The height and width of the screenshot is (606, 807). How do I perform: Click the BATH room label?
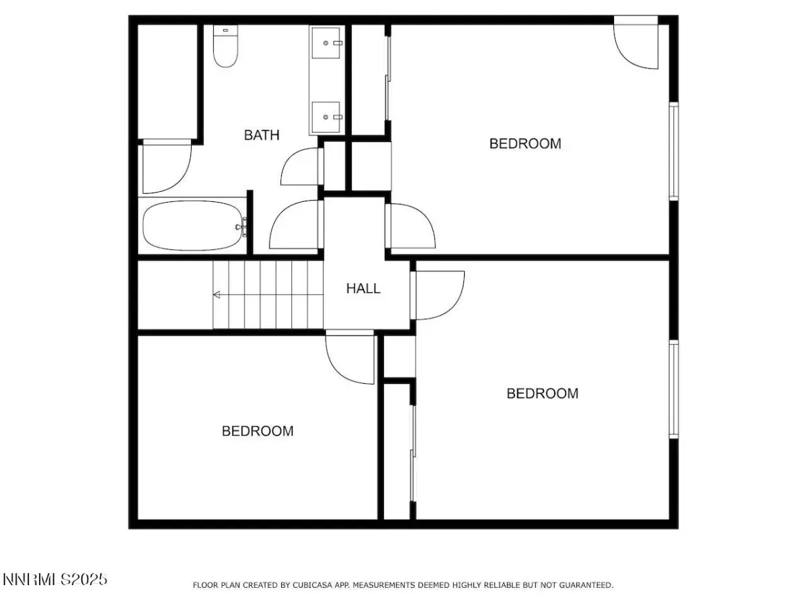click(262, 135)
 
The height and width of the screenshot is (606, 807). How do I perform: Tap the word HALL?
click(363, 288)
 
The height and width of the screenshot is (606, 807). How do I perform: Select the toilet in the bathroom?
click(226, 46)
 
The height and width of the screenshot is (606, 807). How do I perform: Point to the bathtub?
click(194, 226)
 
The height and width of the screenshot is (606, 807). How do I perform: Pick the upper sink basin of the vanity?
click(325, 42)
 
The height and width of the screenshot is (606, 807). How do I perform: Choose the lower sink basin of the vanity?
click(325, 117)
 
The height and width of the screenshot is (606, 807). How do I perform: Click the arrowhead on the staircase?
click(217, 294)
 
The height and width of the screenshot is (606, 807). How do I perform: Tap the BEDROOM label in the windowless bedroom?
click(258, 431)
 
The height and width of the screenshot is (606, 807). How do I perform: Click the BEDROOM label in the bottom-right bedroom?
click(542, 393)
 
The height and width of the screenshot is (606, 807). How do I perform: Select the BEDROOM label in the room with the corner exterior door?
click(525, 143)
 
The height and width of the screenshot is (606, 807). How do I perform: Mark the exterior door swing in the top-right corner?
click(636, 42)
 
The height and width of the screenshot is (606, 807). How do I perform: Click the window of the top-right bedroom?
click(673, 151)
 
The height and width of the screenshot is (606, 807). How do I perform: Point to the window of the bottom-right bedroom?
click(673, 389)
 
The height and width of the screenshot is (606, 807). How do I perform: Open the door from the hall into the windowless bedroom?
click(350, 357)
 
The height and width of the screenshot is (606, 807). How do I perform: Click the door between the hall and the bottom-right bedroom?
click(438, 296)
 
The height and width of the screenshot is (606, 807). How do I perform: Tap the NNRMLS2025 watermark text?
click(54, 579)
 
